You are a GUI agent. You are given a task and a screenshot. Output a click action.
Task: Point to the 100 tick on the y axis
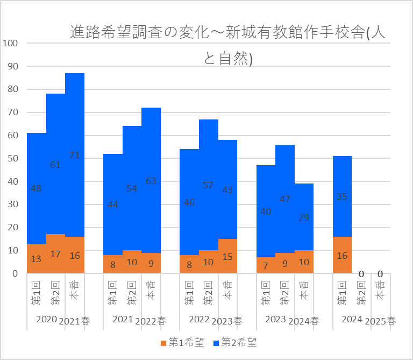[x=11, y=44]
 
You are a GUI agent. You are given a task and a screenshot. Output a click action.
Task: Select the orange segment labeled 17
[x=55, y=254]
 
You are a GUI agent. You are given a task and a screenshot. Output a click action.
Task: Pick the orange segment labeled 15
[x=227, y=256]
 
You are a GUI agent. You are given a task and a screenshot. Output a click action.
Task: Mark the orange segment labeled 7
[x=266, y=265]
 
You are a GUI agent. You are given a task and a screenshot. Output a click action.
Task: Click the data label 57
[x=209, y=185]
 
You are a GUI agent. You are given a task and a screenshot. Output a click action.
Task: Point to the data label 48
[x=36, y=188]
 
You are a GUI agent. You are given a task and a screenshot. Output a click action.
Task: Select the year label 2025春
[x=380, y=321]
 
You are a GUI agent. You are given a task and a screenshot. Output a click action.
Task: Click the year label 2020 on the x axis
[x=46, y=320]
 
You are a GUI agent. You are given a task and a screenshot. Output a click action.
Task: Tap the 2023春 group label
[x=227, y=321]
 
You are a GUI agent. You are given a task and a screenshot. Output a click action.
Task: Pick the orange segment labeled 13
[x=36, y=259]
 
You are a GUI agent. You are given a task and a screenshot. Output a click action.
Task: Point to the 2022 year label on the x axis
[x=199, y=320]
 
